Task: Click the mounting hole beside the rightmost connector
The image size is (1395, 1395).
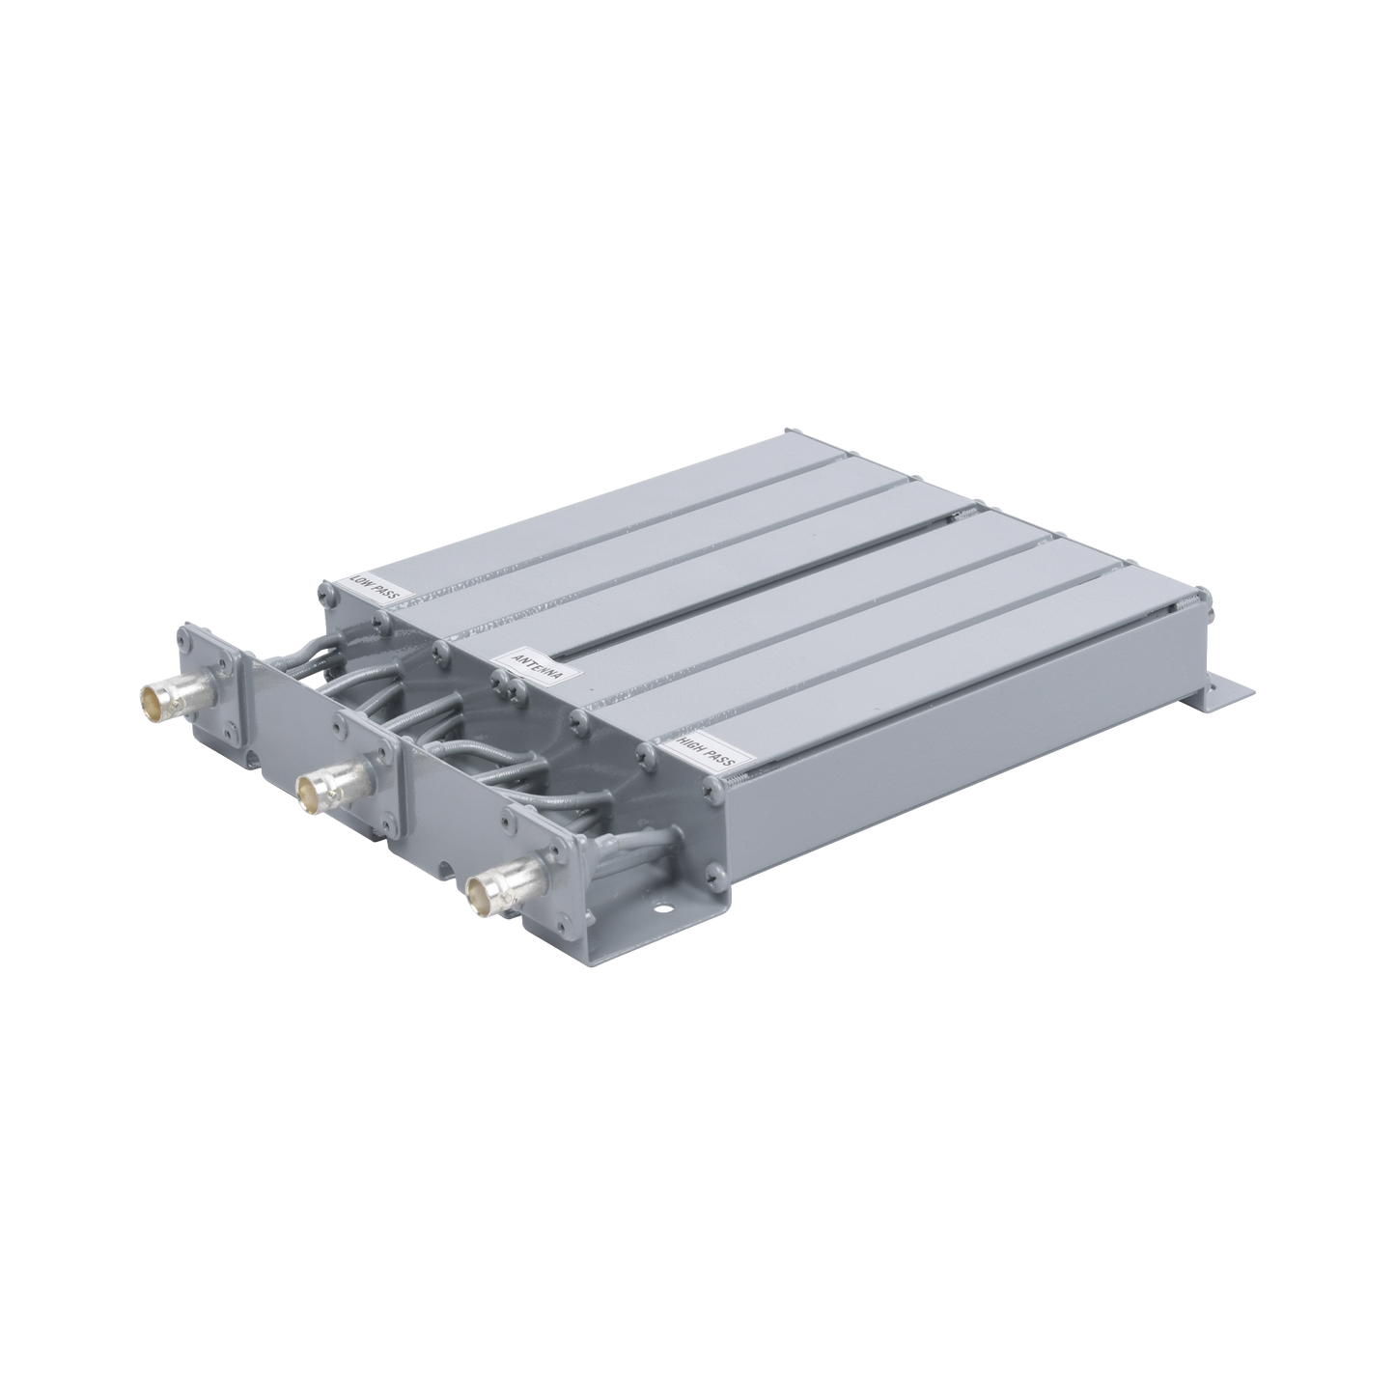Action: (662, 907)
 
